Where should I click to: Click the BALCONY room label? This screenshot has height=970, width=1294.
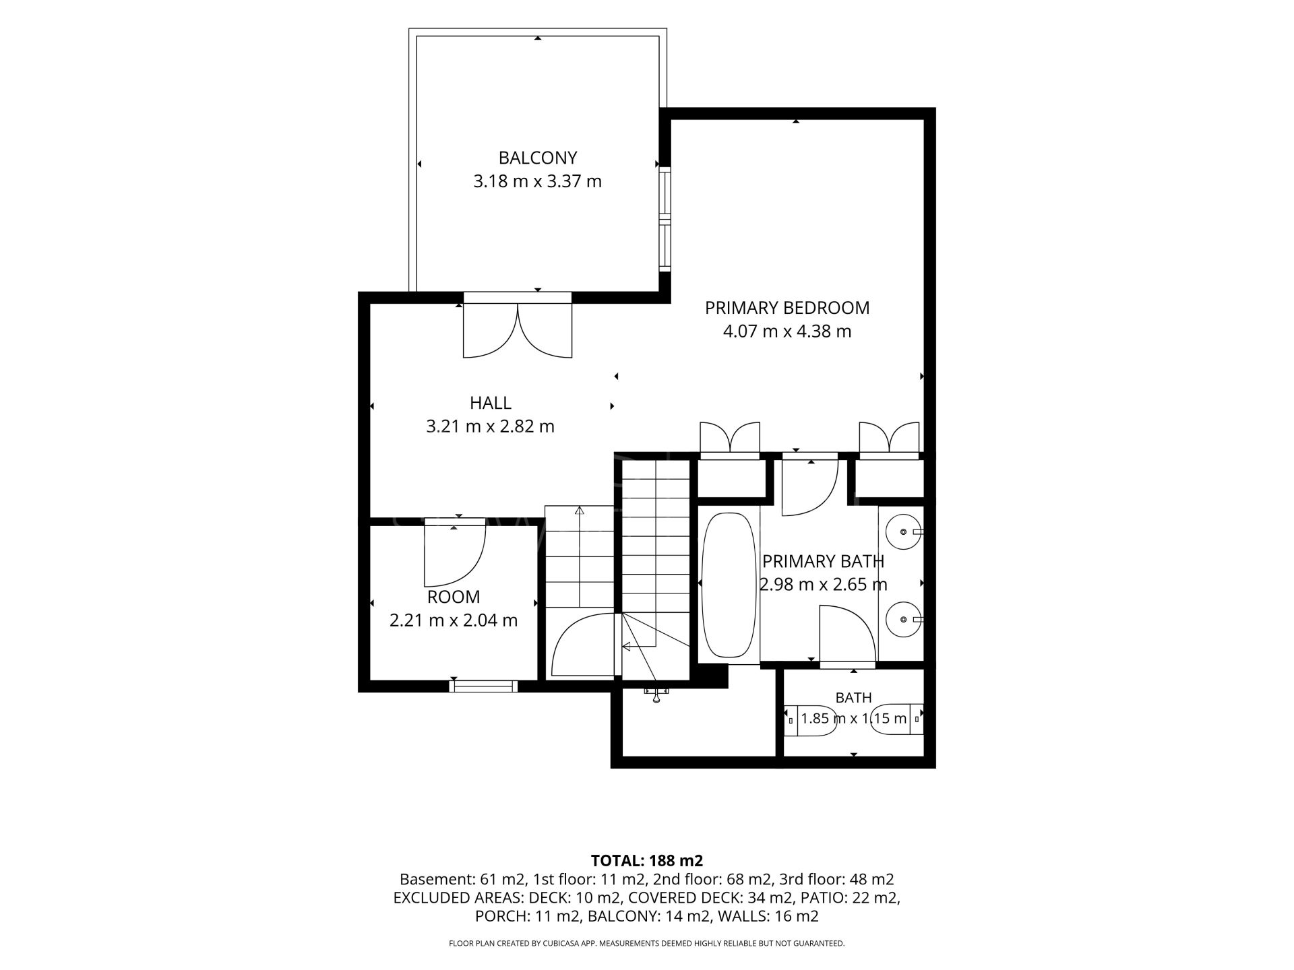pos(538,158)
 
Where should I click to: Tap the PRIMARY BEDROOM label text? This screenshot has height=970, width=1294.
pos(787,308)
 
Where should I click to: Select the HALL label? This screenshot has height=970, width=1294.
pos(491,403)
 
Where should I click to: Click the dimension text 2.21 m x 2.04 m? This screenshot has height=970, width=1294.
pos(454,620)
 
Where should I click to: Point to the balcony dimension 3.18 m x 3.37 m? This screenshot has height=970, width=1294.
pos(538,181)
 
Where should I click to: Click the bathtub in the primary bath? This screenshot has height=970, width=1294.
pos(729,585)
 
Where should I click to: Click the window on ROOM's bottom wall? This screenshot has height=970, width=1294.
pos(484,686)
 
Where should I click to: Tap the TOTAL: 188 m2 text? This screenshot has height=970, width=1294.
pos(647,860)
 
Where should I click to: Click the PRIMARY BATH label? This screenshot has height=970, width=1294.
pos(823,561)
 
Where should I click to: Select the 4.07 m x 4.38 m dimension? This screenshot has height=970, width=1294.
pos(787,331)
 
